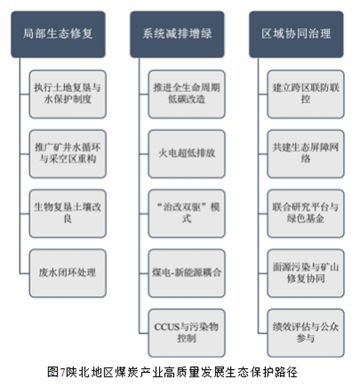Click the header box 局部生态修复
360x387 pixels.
[58, 34]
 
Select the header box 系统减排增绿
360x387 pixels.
[177, 34]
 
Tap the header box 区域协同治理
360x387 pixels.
[297, 34]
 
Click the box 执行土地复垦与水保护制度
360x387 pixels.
[68, 94]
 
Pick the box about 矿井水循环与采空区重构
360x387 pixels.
[68, 154]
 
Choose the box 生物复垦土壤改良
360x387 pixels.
[68, 214]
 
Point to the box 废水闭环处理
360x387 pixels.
[68, 273]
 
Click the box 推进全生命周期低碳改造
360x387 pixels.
[187, 94]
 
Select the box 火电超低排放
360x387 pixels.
[187, 154]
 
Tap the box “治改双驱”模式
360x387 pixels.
[187, 214]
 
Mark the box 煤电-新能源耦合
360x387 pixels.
[187, 273]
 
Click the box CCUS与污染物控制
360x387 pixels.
[187, 333]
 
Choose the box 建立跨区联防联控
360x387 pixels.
[305, 94]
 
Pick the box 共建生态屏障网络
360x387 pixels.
[305, 154]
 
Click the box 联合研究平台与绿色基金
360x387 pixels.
[305, 214]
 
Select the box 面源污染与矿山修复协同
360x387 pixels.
[305, 273]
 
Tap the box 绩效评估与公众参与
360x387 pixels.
[305, 333]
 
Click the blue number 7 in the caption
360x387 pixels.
[62, 373]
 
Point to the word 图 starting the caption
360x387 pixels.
[53, 372]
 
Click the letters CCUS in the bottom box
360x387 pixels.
[167, 327]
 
